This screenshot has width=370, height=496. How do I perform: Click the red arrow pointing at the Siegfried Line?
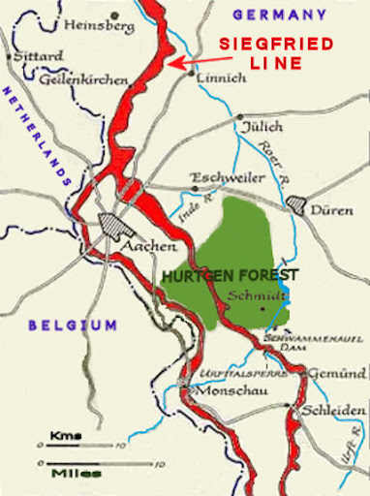pos(193,62)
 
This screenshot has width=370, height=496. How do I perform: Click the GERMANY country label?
pos(280,15)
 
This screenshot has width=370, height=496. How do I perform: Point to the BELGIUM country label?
pos(73,325)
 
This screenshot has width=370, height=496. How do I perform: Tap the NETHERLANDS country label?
pos(36,137)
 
